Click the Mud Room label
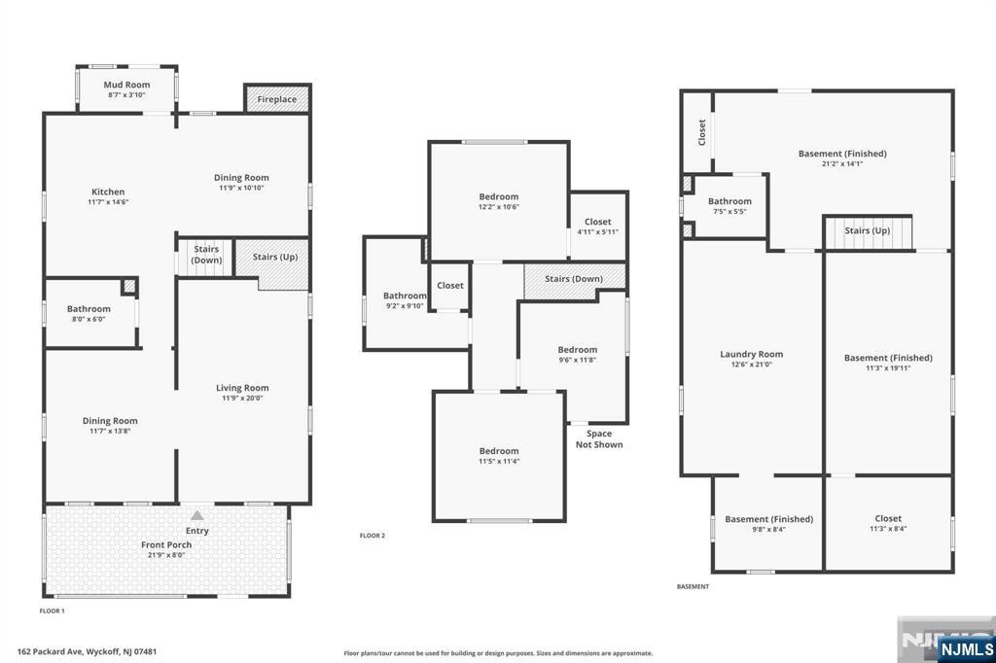[127, 85]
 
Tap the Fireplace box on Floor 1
[277, 98]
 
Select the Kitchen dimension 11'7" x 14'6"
[108, 202]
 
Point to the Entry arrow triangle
[197, 515]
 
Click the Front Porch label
[166, 544]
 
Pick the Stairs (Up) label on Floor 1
[275, 257]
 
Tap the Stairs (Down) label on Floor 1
[206, 255]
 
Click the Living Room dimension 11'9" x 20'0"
[242, 399]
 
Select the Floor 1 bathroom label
[89, 308]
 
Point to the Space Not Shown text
[599, 438]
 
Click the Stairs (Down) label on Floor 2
[574, 279]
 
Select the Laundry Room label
[752, 354]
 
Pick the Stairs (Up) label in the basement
[867, 230]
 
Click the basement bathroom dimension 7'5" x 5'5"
[729, 212]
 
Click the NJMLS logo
[966, 648]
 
